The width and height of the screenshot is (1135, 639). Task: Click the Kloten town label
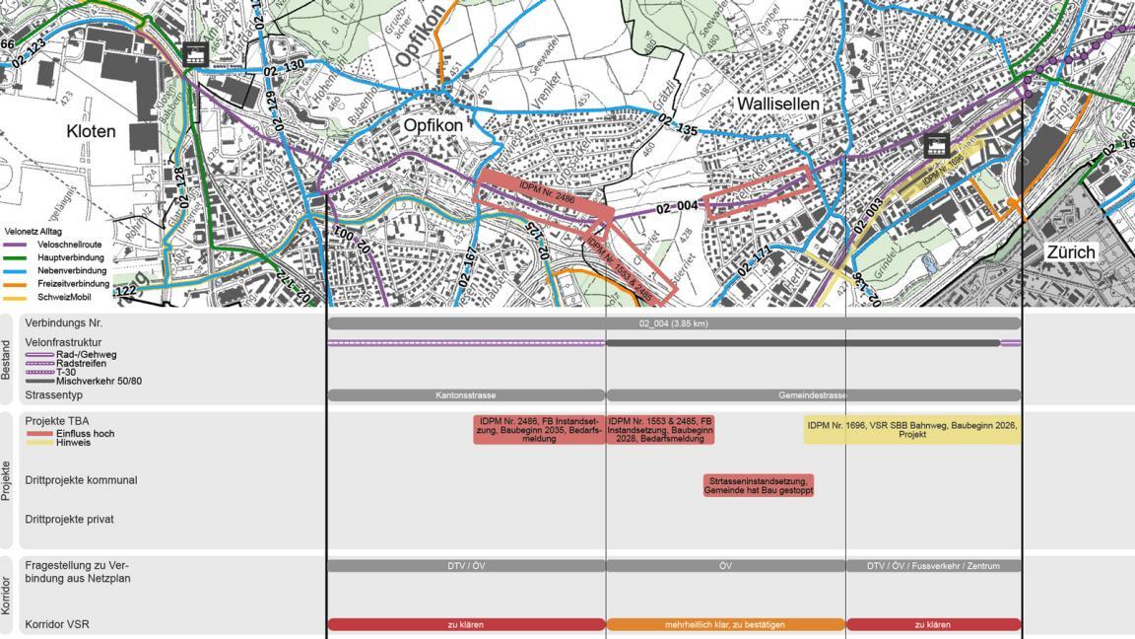point(91,131)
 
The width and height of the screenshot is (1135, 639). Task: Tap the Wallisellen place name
point(777,104)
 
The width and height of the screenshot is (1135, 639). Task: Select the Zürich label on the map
point(1071,251)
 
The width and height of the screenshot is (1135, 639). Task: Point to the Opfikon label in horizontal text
point(433,126)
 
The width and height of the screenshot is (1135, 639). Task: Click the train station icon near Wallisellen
point(936,146)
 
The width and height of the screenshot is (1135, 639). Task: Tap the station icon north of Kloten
point(195,54)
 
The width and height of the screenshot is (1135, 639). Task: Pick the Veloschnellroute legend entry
point(68,245)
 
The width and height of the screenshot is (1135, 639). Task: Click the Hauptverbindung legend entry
point(70,257)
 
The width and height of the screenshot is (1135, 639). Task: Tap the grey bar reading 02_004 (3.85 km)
point(673,323)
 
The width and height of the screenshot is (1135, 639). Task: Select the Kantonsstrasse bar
point(466,395)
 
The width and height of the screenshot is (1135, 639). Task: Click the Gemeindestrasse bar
point(813,395)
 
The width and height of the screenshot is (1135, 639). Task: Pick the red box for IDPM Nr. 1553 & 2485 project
point(660,430)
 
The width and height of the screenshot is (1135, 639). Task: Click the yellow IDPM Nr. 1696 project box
point(911,430)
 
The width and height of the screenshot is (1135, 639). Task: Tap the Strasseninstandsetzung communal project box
point(759,485)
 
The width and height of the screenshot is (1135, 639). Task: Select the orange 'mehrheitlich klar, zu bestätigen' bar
point(725,624)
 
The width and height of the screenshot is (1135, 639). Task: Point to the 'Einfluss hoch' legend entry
point(85,433)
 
